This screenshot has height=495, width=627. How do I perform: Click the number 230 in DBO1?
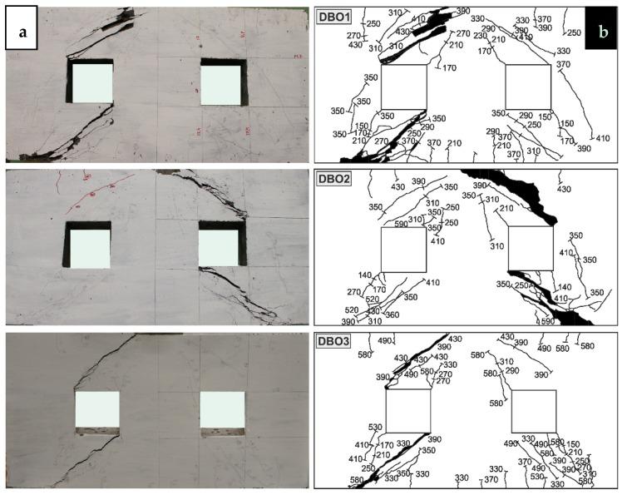pos(481,36)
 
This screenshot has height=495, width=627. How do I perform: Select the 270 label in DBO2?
pos(355,292)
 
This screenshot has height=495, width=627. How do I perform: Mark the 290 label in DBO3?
pos(512,371)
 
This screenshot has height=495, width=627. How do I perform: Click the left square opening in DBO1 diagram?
pos(404,87)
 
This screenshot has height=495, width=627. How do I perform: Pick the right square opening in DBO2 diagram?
pos(530,250)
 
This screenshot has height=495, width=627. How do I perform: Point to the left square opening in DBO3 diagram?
pos(408,412)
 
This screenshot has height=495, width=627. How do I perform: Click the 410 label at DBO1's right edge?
pos(604,138)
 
